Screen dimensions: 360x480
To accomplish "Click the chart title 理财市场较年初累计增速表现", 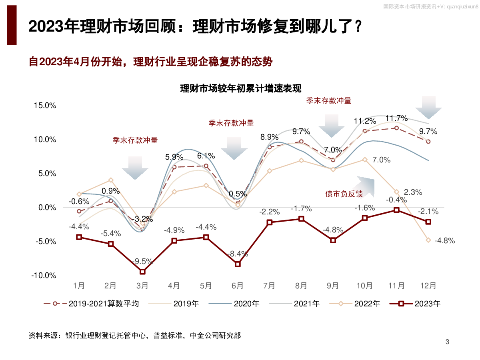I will (x=241, y=88).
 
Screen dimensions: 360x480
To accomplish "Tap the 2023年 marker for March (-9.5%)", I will (x=142, y=272).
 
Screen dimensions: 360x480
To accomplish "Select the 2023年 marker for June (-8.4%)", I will (x=238, y=264).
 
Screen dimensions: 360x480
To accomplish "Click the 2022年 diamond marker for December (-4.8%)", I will (x=428, y=240).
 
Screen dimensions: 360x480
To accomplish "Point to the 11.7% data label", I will (x=396, y=118).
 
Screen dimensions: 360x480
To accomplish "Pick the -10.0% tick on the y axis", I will (x=44, y=276).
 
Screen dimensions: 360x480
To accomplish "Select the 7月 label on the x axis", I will (x=269, y=286).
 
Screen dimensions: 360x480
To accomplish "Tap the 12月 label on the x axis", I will (x=428, y=286).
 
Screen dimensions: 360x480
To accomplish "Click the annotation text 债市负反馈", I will (x=344, y=194).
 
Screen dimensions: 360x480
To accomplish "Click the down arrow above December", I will (x=428, y=108).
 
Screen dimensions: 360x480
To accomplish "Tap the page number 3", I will (x=447, y=342).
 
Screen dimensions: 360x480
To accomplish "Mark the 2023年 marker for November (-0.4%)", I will (x=396, y=210).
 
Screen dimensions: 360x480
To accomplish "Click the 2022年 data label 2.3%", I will (x=413, y=192).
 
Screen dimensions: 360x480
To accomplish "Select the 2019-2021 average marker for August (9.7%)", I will (x=301, y=141).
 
